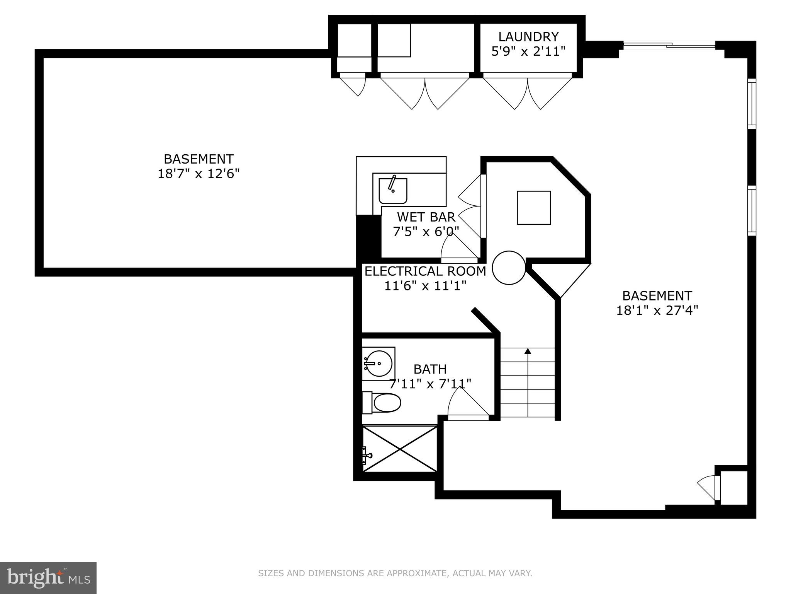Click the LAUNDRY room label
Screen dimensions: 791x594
point(528,37)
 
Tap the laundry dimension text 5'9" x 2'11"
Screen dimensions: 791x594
point(528,51)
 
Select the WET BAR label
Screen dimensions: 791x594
point(426,217)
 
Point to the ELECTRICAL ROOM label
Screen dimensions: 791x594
point(425,271)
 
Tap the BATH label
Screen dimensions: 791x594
point(430,369)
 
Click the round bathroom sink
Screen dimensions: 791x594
point(379,364)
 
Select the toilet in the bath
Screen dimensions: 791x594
point(382,403)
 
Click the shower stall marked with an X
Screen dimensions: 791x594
point(400,449)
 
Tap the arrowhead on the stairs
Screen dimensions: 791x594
point(528,351)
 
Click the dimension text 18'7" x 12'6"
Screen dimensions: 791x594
point(199,174)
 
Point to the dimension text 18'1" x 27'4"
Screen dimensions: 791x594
point(657,311)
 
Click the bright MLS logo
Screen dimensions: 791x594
point(48,578)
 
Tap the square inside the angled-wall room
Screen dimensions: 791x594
point(534,208)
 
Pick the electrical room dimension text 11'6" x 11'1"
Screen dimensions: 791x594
point(425,286)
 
